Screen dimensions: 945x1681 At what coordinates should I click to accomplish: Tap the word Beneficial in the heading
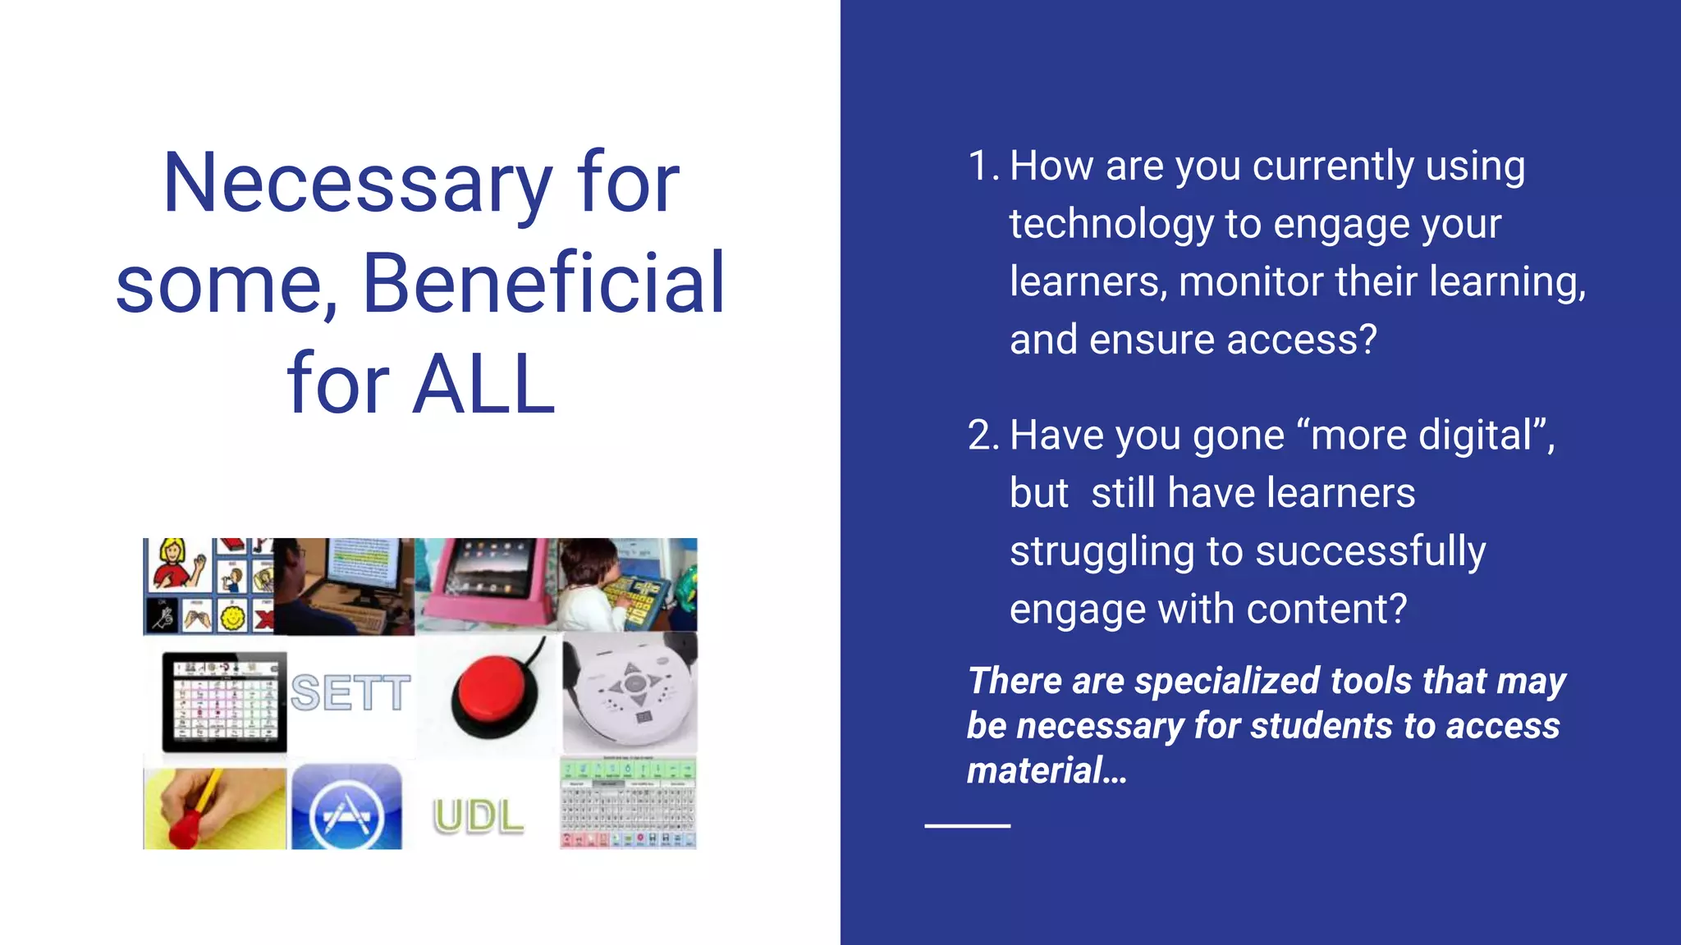click(x=543, y=284)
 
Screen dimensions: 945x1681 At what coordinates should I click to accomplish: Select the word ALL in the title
click(x=483, y=384)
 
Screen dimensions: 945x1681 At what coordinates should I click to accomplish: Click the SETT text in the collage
click(x=350, y=692)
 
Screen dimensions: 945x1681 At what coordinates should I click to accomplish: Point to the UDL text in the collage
click(x=479, y=815)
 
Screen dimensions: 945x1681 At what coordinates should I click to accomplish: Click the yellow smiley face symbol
click(x=233, y=616)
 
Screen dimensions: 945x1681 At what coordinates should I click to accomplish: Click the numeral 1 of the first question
click(x=980, y=167)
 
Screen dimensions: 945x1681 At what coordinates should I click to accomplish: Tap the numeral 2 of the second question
click(x=980, y=436)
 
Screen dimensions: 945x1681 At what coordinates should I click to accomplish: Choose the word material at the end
click(x=1039, y=771)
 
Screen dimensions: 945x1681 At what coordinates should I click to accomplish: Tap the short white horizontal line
click(x=967, y=825)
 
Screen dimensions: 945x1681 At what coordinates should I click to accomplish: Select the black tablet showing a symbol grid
click(x=224, y=702)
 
